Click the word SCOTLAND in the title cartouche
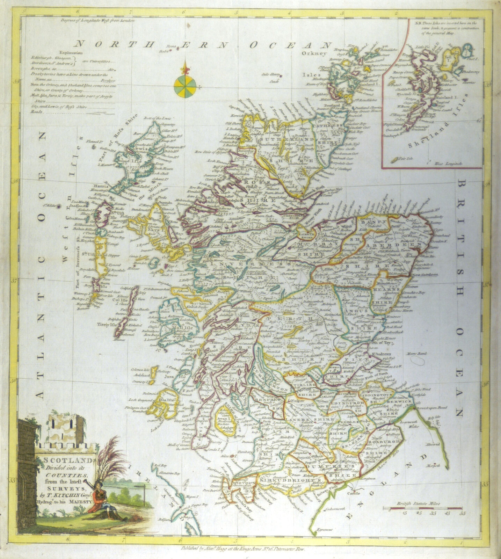(65, 460)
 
